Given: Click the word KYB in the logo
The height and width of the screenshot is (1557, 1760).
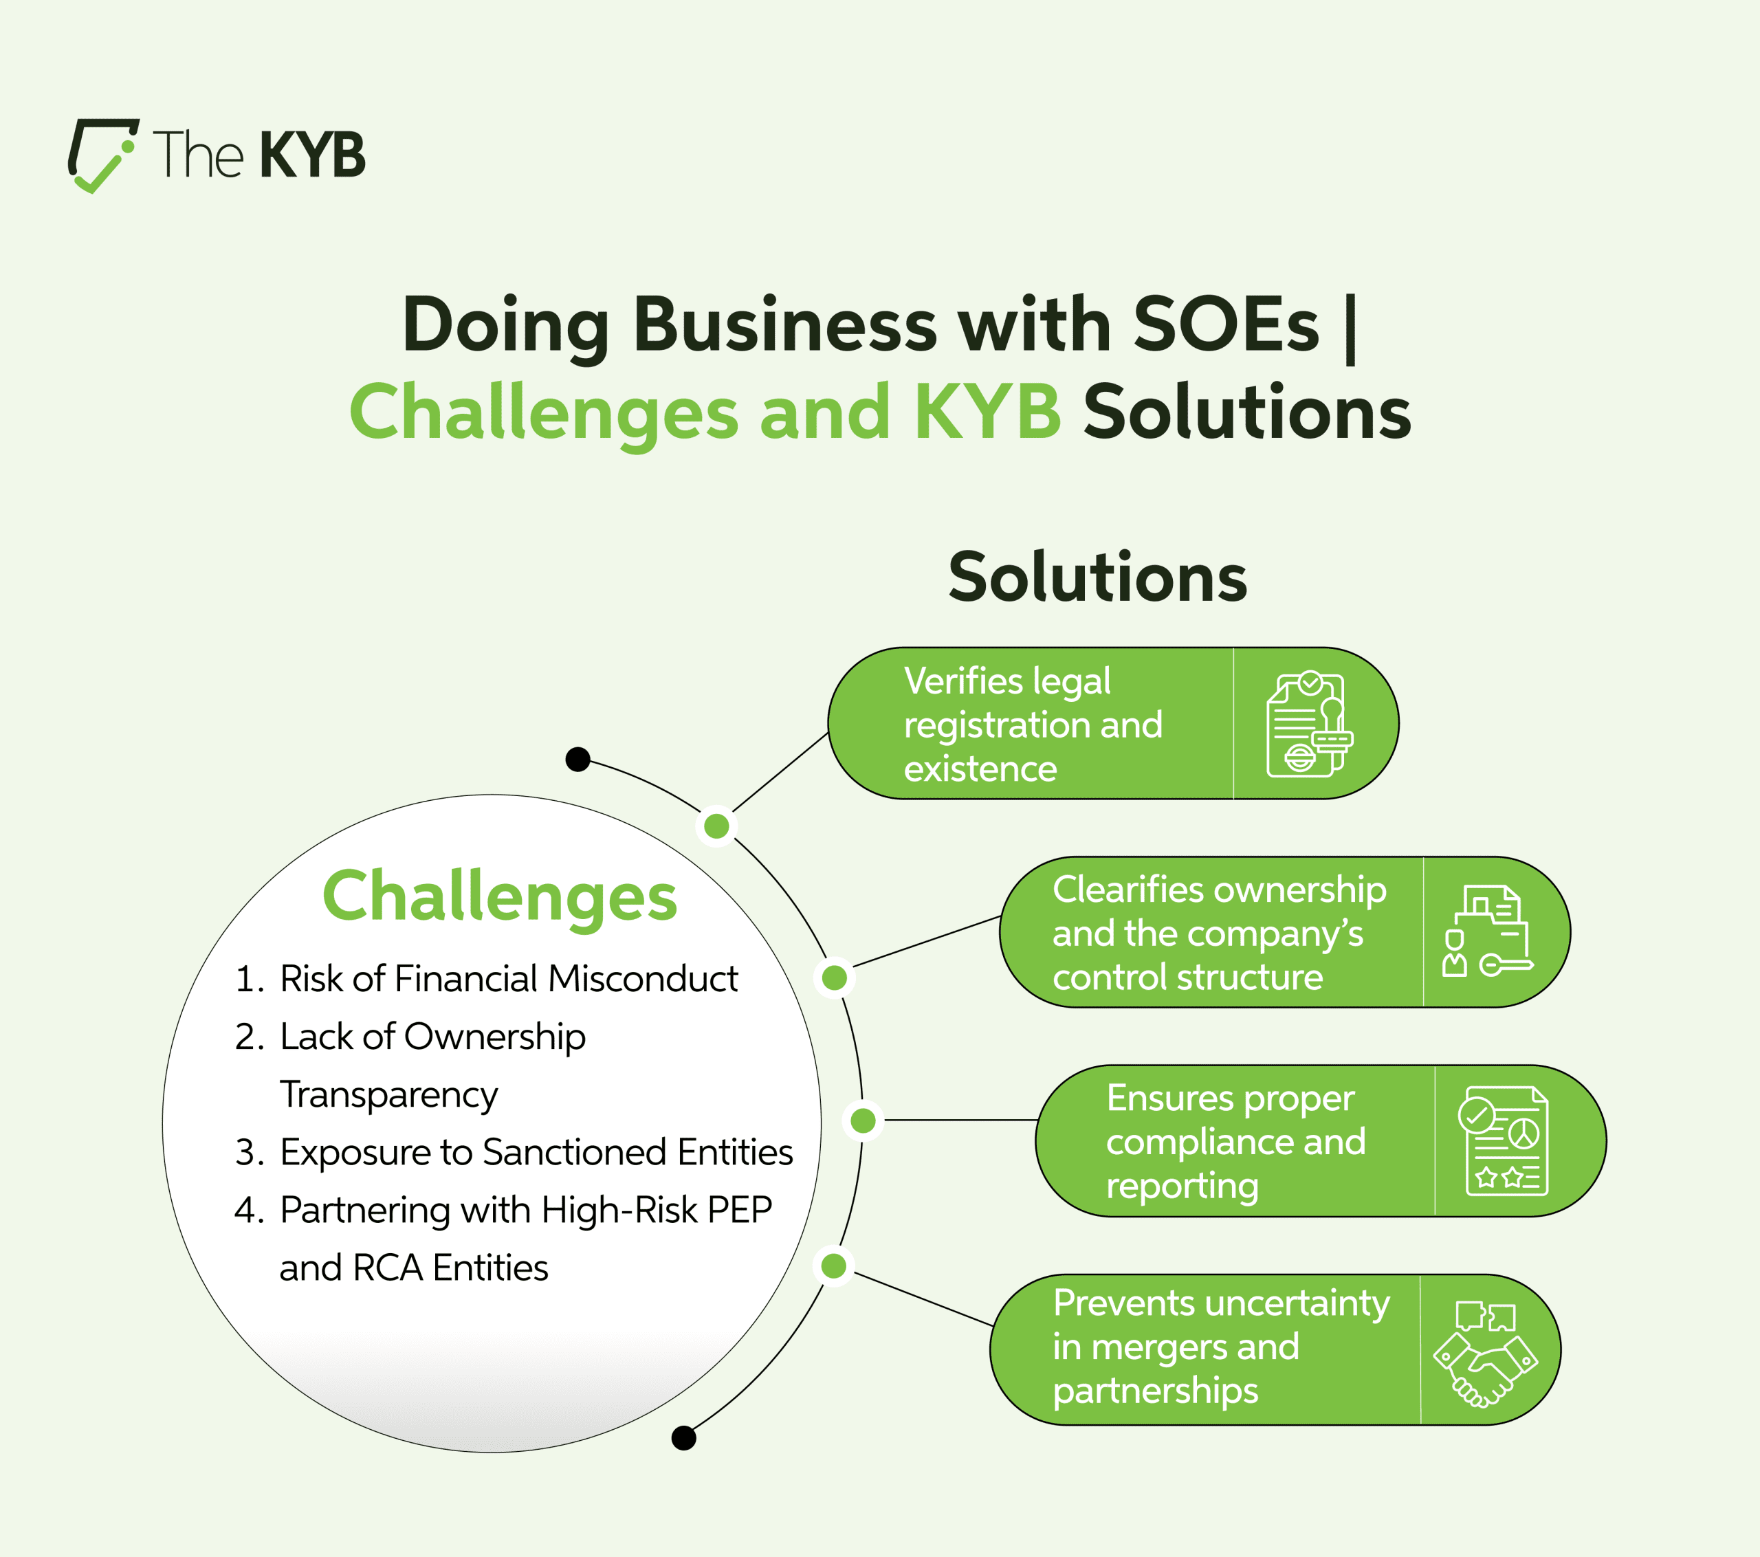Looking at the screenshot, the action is (x=311, y=156).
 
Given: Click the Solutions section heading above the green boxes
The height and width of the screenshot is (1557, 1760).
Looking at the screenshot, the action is (x=1098, y=577).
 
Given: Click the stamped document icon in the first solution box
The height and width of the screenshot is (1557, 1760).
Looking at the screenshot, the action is (x=1310, y=725).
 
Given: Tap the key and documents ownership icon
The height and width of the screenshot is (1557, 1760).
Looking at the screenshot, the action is (x=1487, y=931).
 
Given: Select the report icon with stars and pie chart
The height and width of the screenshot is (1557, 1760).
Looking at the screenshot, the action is (x=1503, y=1141).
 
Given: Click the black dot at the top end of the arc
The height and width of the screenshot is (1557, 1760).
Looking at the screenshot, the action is (x=577, y=759).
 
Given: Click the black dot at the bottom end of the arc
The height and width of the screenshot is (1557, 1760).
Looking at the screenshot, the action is (x=683, y=1437).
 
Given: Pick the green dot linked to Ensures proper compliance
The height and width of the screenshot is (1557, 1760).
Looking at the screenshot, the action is (x=863, y=1120).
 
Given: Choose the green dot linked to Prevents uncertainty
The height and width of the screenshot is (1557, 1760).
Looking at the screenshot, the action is (x=833, y=1266).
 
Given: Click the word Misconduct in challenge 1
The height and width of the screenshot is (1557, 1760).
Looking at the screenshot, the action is (x=643, y=979).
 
